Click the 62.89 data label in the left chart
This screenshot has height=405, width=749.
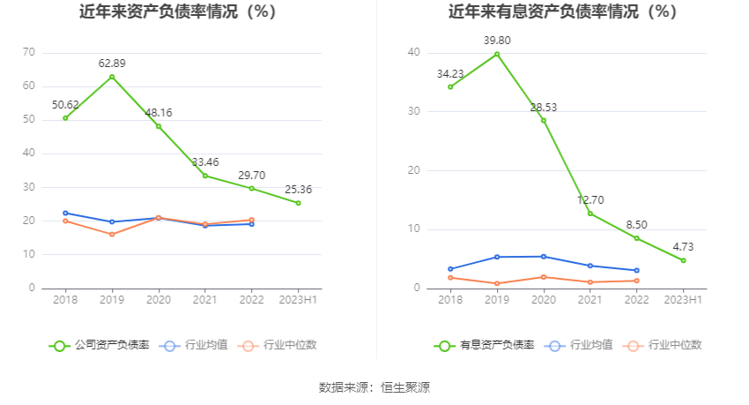point(112,63)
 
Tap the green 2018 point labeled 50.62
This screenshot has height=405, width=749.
point(65,118)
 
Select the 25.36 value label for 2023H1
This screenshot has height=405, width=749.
point(298,189)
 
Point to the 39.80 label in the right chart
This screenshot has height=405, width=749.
point(497,40)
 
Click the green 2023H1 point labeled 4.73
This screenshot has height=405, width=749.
point(683,260)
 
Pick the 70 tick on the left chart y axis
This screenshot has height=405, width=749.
point(28,52)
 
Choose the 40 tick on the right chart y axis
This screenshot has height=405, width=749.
point(414,52)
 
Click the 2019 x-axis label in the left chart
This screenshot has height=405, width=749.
point(112,300)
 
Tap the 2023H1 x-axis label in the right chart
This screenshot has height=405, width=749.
point(683,300)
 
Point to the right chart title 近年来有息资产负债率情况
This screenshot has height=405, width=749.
point(562,12)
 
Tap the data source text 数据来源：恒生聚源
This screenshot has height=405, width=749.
point(374,386)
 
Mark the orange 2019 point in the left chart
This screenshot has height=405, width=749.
point(112,234)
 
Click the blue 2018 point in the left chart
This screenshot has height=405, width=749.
point(65,213)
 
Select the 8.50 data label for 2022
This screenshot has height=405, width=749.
point(636,224)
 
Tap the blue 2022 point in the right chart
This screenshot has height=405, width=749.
point(636,270)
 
